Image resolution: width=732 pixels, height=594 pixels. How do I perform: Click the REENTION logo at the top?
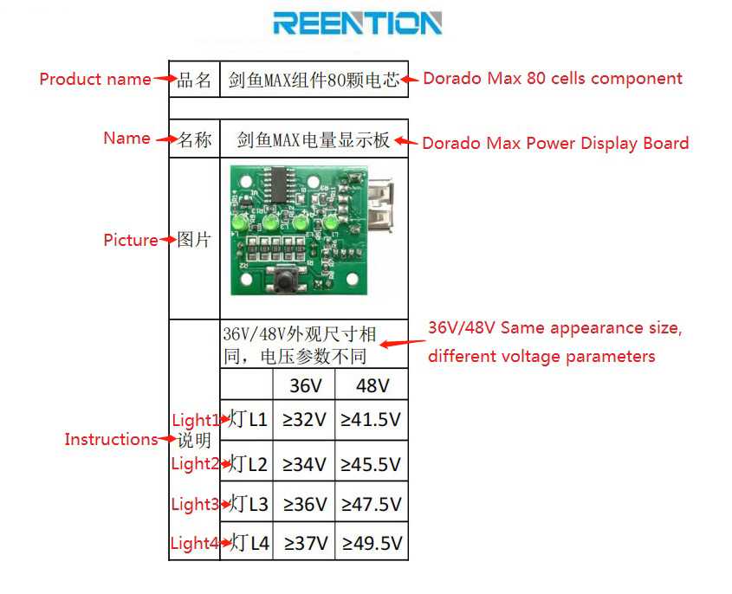[357, 23]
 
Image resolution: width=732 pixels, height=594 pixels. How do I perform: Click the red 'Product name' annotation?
[95, 79]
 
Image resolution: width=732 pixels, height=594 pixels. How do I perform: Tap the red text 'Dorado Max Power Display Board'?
[555, 143]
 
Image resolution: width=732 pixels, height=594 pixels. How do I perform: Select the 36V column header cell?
[303, 384]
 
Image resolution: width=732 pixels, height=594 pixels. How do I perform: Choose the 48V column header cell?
[372, 384]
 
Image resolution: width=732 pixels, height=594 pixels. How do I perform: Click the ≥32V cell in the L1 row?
[304, 420]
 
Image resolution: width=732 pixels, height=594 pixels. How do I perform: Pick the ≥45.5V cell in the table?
[372, 463]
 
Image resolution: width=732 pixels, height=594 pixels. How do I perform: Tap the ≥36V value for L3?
[304, 504]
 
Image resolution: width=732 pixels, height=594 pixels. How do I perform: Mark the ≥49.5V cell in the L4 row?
[372, 543]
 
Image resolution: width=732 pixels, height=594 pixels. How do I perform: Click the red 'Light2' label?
[194, 463]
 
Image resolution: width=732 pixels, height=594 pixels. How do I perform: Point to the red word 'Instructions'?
[111, 439]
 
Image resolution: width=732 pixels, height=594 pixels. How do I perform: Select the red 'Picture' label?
[131, 240]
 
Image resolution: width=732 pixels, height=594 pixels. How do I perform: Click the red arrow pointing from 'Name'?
[165, 140]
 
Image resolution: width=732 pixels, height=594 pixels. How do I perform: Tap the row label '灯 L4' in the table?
[249, 543]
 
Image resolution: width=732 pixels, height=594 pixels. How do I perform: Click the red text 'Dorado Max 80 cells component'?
[553, 78]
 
